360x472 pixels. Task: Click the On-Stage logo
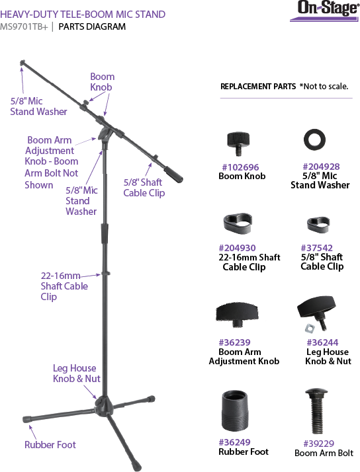click(x=325, y=11)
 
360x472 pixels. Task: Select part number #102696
click(x=240, y=167)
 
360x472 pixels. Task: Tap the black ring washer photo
click(x=314, y=139)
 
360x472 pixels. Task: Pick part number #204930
click(x=237, y=248)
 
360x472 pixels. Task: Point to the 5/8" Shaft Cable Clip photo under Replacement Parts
click(x=318, y=225)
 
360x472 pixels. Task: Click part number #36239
click(x=235, y=342)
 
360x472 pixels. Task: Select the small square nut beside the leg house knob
click(x=309, y=329)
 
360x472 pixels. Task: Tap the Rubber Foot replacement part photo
click(x=236, y=411)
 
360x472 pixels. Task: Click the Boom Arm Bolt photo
click(x=316, y=411)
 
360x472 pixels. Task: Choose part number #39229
click(x=319, y=444)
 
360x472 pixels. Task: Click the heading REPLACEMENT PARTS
click(x=258, y=87)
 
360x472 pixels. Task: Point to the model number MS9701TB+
click(x=24, y=27)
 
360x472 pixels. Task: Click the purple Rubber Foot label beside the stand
click(x=50, y=445)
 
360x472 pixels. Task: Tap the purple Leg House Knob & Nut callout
click(x=77, y=374)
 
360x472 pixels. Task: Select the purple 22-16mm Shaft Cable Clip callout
click(x=64, y=286)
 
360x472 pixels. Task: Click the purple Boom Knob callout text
click(x=102, y=82)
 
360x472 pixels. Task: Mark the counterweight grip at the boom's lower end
click(x=174, y=174)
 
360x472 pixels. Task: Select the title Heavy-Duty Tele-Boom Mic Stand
click(x=83, y=14)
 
